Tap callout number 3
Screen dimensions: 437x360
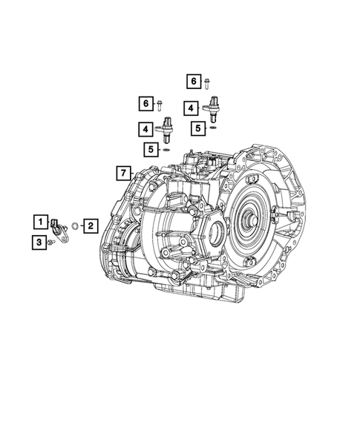(37, 241)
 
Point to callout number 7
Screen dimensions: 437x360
(120, 174)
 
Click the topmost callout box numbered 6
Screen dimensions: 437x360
(192, 81)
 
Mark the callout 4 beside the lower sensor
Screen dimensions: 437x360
(142, 129)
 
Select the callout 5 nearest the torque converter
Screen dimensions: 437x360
(197, 128)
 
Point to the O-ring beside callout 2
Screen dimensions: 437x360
(75, 226)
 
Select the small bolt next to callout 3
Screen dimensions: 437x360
(50, 242)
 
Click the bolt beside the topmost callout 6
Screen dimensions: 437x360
(209, 81)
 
